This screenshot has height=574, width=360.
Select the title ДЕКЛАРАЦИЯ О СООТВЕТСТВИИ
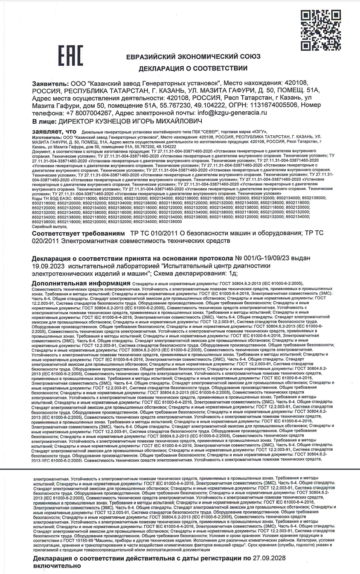pyautogui.click(x=192, y=68)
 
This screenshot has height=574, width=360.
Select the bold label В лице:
pyautogui.click(x=44, y=122)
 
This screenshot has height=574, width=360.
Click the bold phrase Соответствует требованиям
pyautogui.click(x=79, y=234)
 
